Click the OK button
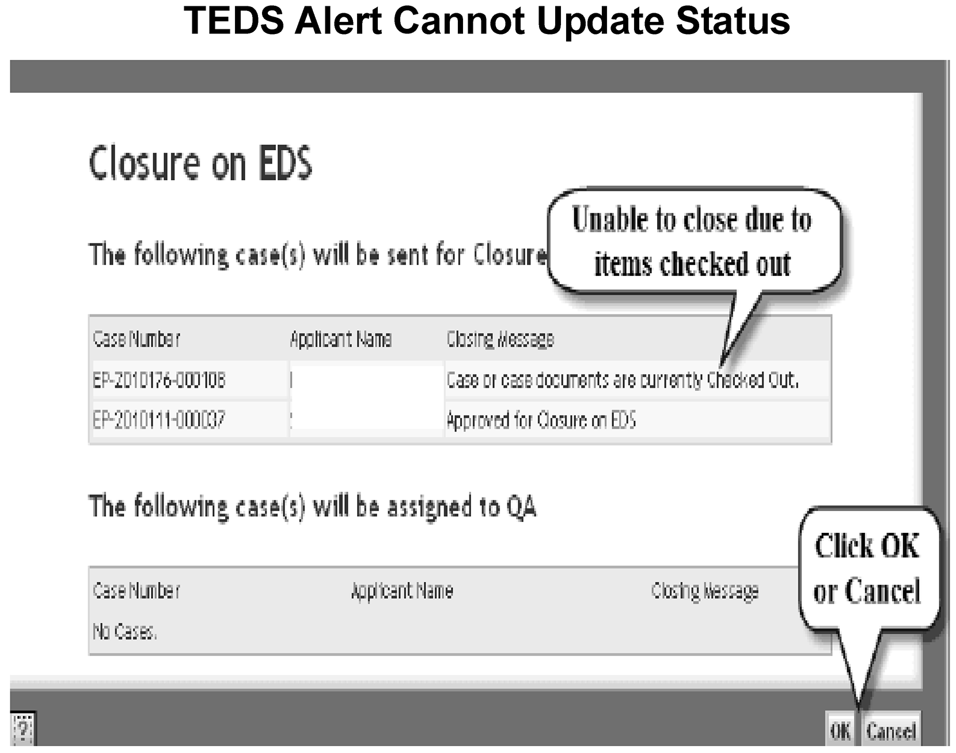(x=840, y=731)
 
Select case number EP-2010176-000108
(x=159, y=380)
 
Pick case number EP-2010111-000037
(x=159, y=419)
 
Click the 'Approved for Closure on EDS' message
(x=541, y=420)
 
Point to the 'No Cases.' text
(x=124, y=632)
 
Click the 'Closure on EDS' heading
(x=200, y=163)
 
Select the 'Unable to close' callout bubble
(x=695, y=243)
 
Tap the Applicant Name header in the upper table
(x=341, y=339)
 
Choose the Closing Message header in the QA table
(x=705, y=591)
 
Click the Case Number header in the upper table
(x=136, y=339)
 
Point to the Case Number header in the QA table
(x=136, y=591)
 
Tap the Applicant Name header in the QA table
(x=403, y=591)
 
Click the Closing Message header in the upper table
(x=500, y=339)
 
